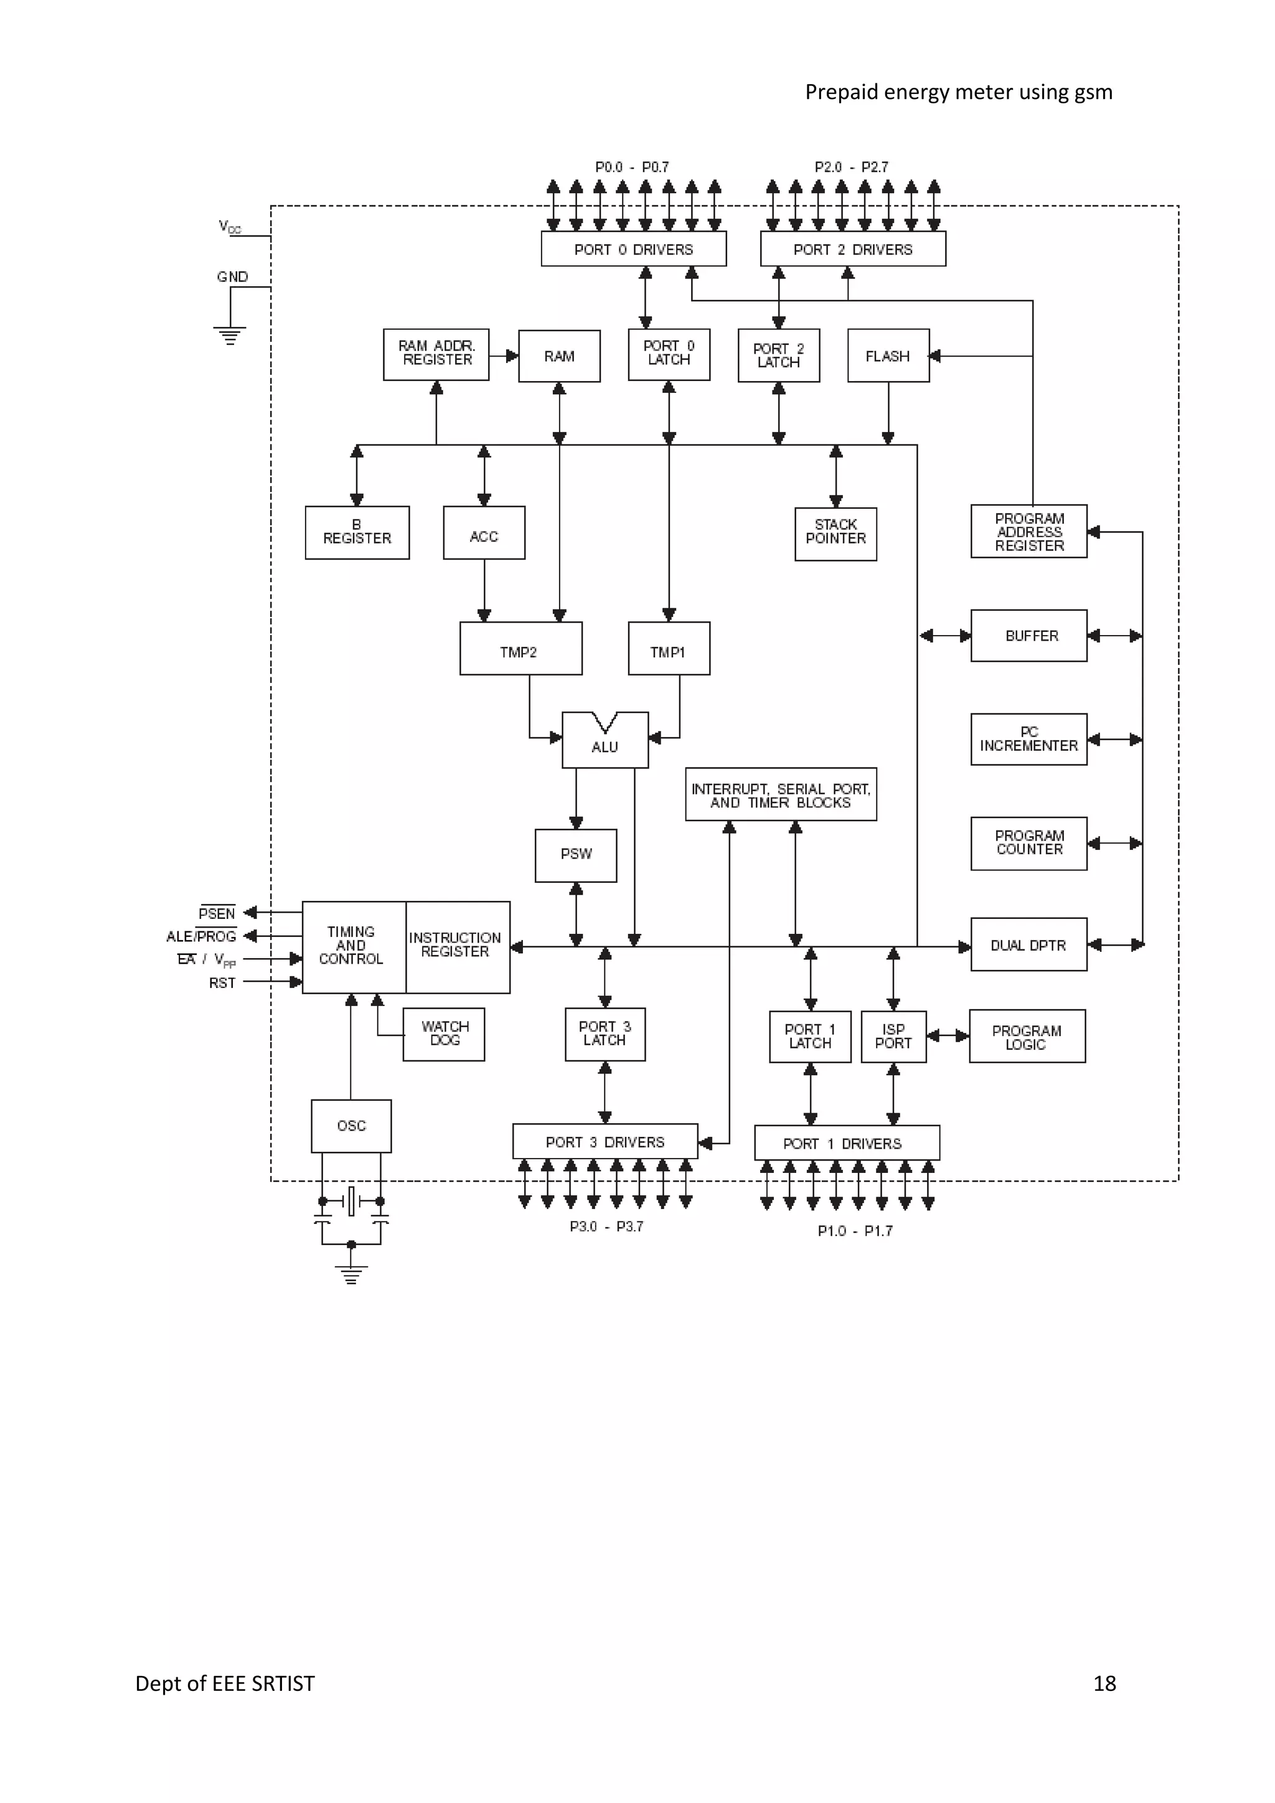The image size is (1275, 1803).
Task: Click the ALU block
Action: coord(605,741)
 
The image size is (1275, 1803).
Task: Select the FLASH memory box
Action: coord(888,355)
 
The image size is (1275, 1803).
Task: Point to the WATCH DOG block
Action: coord(444,1034)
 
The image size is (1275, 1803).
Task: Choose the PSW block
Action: coord(575,854)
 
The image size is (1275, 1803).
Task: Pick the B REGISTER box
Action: coord(357,532)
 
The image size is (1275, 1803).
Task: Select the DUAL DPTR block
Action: coord(1028,944)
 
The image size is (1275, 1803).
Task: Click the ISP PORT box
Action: coord(893,1037)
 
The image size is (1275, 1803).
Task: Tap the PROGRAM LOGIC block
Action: coord(1027,1037)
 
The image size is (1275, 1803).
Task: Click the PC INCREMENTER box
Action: coord(1028,739)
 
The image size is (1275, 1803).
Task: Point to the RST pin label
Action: coord(222,983)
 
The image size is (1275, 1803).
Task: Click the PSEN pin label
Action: coord(217,913)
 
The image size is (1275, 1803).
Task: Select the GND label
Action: coord(232,276)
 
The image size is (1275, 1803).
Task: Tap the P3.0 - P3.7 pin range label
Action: coord(606,1226)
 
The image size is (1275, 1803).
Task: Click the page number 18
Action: coord(1104,1683)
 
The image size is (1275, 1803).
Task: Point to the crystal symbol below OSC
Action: coord(352,1201)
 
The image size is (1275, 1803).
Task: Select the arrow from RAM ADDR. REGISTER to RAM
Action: coord(504,355)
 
